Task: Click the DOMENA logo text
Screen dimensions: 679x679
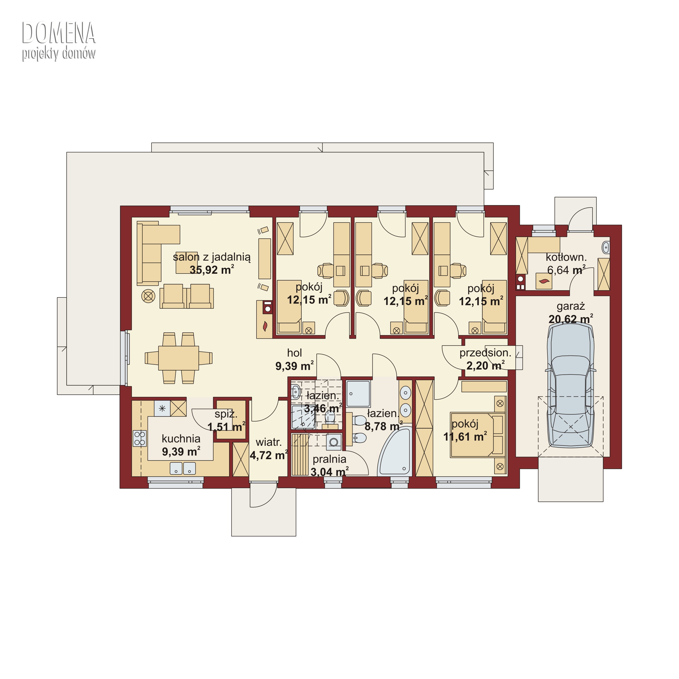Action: (59, 33)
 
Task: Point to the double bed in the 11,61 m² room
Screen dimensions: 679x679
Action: (478, 435)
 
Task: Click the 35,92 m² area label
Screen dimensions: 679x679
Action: (212, 270)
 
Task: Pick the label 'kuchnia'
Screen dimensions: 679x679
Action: (181, 439)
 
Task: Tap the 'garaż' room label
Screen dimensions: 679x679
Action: (571, 306)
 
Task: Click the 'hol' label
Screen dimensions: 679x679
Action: (295, 353)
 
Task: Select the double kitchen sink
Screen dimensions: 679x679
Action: (183, 468)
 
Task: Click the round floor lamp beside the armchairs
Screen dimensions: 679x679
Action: (148, 296)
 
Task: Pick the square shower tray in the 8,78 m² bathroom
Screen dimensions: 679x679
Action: (358, 394)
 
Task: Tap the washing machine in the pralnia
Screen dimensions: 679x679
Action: (334, 442)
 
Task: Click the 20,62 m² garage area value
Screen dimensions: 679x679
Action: (571, 319)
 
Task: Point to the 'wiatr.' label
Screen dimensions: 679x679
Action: (269, 442)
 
